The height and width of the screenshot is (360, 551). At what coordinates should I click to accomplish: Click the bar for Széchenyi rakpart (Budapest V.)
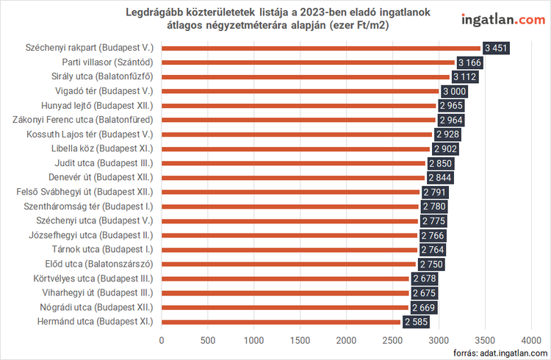pos(320,48)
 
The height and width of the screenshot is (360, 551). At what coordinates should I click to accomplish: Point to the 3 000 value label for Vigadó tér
pos(454,92)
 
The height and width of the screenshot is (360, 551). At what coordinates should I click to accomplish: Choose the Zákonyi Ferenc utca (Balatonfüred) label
pos(84,120)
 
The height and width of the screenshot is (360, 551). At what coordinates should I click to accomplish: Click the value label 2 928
pos(447,134)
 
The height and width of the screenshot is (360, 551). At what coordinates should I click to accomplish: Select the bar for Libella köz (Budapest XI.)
pos(295,149)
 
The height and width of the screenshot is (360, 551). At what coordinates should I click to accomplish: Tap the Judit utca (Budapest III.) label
pos(104,163)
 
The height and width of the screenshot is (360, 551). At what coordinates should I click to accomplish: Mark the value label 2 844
pos(439,178)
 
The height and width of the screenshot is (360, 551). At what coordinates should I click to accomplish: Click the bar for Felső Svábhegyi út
pos(290,192)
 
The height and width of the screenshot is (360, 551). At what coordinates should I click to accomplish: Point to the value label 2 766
pos(432,235)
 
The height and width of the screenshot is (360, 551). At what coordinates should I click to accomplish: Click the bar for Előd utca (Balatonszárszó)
pos(289,264)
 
